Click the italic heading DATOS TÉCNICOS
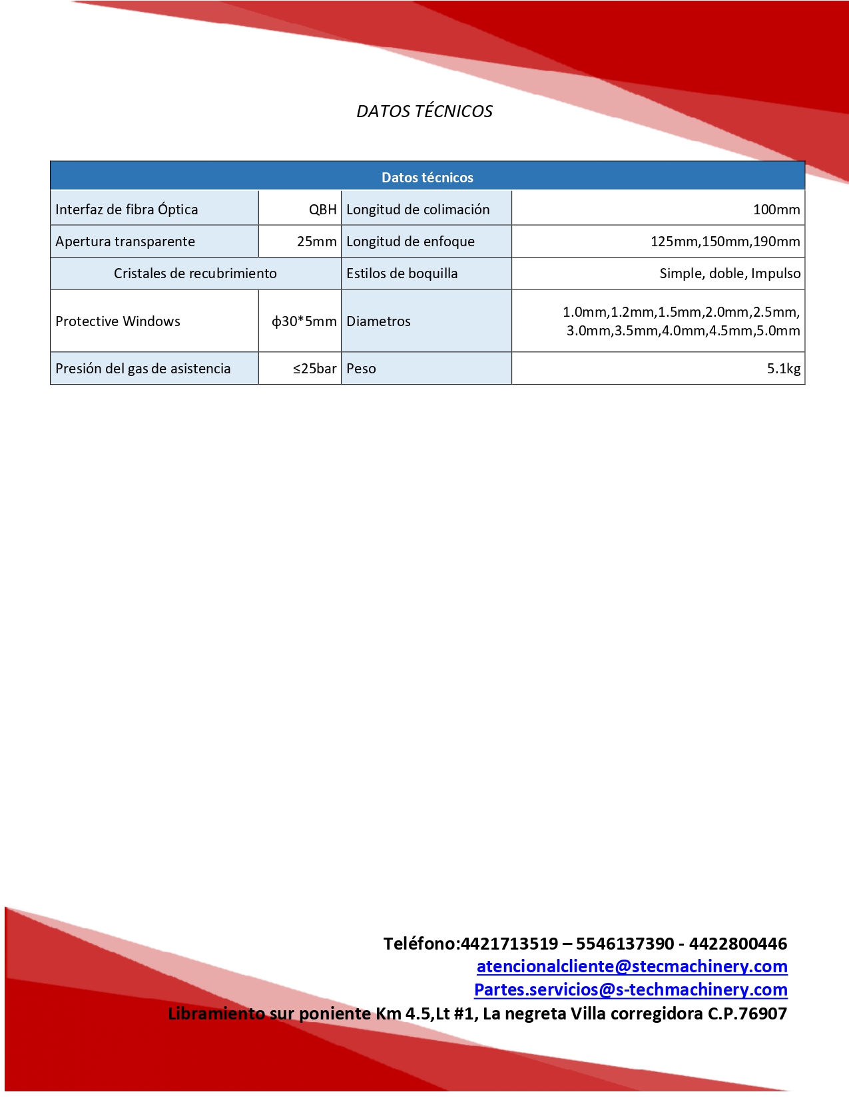[x=424, y=111]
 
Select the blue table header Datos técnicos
[x=427, y=178]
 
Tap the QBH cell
[x=322, y=210]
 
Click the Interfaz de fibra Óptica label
[x=127, y=210]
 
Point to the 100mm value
[x=776, y=210]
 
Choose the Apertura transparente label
[x=125, y=242]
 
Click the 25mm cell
[x=316, y=242]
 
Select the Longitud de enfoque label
[x=410, y=242]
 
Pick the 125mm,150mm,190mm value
[x=724, y=242]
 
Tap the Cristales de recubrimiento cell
[x=195, y=274]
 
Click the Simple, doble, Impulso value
[x=730, y=274]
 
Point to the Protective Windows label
[x=118, y=321]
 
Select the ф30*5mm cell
[x=304, y=321]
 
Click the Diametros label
[x=378, y=321]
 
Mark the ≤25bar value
[x=314, y=369]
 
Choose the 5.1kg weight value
[x=783, y=369]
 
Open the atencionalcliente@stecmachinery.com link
[x=632, y=966]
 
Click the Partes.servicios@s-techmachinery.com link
[x=631, y=990]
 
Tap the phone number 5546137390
[x=625, y=944]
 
